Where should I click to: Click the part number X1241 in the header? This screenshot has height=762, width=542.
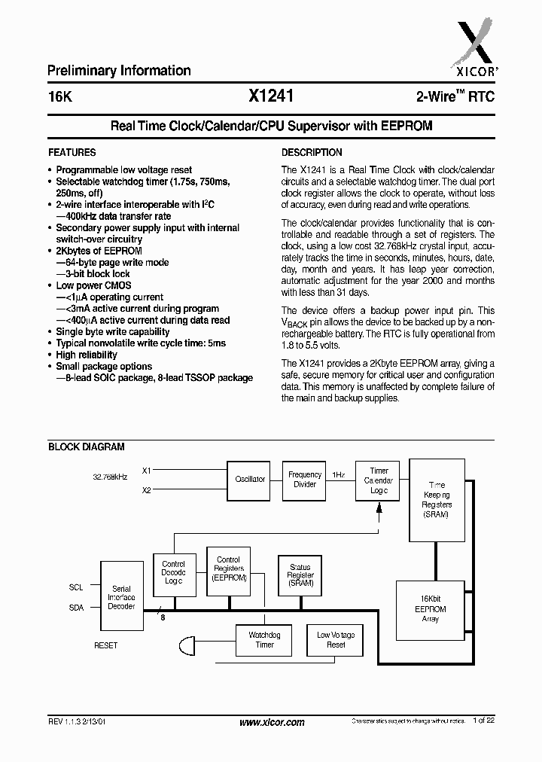[x=270, y=96]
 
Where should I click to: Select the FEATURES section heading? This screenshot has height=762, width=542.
[x=72, y=152]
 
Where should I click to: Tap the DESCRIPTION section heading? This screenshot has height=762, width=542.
[x=312, y=152]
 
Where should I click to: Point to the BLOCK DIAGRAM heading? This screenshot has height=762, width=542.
[x=86, y=447]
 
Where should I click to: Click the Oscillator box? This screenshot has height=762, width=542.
[x=250, y=479]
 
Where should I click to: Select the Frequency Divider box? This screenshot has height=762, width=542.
[x=305, y=480]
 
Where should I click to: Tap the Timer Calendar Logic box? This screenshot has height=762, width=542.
[x=379, y=480]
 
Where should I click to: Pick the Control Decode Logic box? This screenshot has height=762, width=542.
[x=174, y=572]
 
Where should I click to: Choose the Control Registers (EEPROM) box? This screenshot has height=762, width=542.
[x=228, y=570]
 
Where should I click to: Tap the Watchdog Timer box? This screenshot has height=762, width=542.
[x=264, y=640]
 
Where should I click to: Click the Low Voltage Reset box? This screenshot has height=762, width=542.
[x=336, y=640]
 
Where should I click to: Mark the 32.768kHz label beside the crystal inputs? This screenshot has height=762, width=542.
[x=110, y=477]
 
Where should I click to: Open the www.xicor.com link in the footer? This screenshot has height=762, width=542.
[x=272, y=722]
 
